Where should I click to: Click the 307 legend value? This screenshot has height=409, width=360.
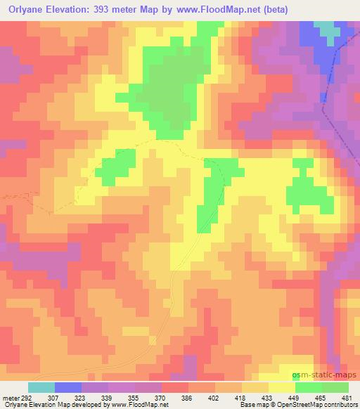(53, 398)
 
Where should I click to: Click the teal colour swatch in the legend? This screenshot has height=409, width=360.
(42, 387)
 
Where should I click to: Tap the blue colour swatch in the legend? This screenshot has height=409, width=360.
(69, 387)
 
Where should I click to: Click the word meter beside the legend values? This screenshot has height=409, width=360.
(10, 398)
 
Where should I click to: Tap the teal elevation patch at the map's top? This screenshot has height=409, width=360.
(327, 29)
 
